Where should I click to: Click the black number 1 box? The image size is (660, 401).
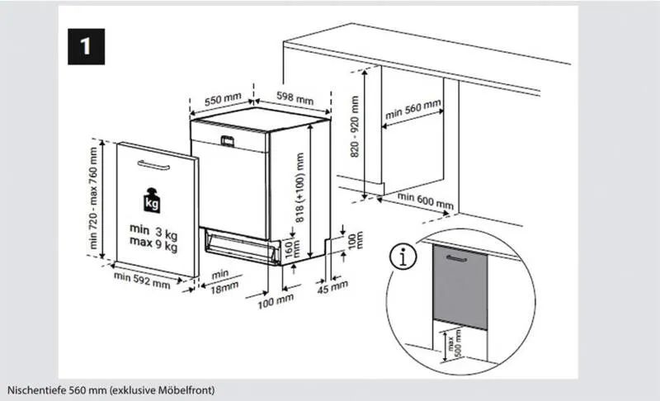pyautogui.click(x=87, y=47)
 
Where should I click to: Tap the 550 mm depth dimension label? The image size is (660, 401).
pyautogui.click(x=223, y=99)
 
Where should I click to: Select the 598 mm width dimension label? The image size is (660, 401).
pyautogui.click(x=295, y=98)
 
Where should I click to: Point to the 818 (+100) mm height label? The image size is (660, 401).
pyautogui.click(x=299, y=187)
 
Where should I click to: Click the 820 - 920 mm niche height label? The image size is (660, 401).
pyautogui.click(x=355, y=127)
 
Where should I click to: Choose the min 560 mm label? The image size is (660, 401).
pyautogui.click(x=413, y=109)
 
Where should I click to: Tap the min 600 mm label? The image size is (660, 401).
pyautogui.click(x=426, y=200)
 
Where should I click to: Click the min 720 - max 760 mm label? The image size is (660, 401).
pyautogui.click(x=93, y=198)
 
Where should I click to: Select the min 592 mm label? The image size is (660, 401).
pyautogui.click(x=142, y=281)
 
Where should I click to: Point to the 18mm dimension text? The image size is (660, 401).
pyautogui.click(x=224, y=288)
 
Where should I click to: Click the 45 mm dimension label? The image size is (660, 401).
pyautogui.click(x=332, y=287)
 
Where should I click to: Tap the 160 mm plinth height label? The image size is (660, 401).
pyautogui.click(x=293, y=248)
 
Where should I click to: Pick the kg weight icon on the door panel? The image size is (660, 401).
pyautogui.click(x=152, y=200)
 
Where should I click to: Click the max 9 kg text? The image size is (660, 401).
pyautogui.click(x=153, y=244)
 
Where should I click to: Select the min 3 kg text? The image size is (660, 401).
pyautogui.click(x=153, y=231)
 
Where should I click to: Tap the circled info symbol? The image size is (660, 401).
pyautogui.click(x=403, y=257)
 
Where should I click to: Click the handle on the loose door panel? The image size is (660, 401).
pyautogui.click(x=153, y=166)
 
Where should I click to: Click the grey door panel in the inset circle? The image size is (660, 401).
pyautogui.click(x=460, y=287)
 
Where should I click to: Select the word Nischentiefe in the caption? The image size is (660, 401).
pyautogui.click(x=37, y=390)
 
